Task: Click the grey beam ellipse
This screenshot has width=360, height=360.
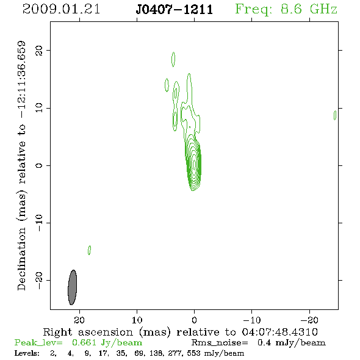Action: click(73, 287)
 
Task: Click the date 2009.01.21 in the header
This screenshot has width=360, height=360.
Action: click(61, 9)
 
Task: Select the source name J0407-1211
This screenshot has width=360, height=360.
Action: click(175, 10)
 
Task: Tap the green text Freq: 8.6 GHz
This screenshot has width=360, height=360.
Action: click(286, 9)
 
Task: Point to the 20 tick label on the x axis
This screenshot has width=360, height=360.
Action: click(79, 320)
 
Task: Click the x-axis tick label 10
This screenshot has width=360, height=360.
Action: click(137, 320)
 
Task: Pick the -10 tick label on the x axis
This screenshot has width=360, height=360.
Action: click(251, 320)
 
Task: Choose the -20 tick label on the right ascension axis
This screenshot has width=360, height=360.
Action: click(309, 320)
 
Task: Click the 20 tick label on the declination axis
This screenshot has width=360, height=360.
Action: click(39, 50)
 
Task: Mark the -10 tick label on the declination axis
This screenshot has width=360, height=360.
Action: click(39, 223)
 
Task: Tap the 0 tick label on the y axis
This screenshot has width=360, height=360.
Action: click(39, 165)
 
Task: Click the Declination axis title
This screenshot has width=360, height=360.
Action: click(21, 166)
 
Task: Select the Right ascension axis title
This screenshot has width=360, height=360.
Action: click(181, 332)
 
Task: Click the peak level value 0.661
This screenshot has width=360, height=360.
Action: click(84, 342)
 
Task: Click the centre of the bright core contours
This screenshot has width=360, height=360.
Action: click(194, 165)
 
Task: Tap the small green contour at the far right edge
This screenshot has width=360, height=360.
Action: click(335, 115)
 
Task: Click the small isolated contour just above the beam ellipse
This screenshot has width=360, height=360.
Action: click(89, 250)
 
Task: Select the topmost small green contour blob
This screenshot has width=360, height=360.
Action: click(173, 59)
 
